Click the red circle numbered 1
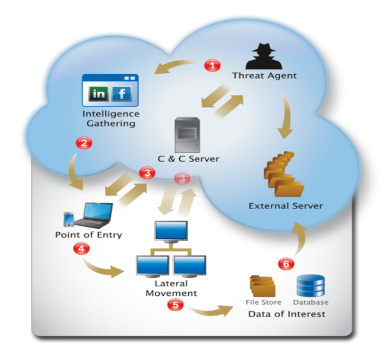coord(211,65)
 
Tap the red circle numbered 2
coord(84,143)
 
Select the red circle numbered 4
coord(80,250)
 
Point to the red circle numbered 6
coord(286,264)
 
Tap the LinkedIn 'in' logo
coord(99,93)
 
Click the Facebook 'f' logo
coord(122,93)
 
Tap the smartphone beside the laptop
coord(69,219)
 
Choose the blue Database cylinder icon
coord(311,285)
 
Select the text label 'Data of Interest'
coord(286,314)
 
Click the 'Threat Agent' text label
coord(264,76)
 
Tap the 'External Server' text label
coord(286,206)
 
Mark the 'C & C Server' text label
coord(188,159)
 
